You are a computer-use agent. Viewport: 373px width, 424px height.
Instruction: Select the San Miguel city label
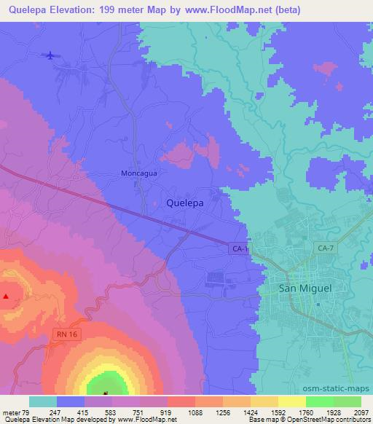pos(306,288)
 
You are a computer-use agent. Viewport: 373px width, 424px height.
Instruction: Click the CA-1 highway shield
pos(240,249)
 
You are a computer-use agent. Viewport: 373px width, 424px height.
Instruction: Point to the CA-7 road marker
pos(326,249)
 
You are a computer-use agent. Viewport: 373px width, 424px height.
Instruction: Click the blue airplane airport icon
pos(50,56)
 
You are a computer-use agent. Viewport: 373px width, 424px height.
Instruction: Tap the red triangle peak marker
pos(6,297)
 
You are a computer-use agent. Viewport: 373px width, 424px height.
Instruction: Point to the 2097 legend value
pos(361,412)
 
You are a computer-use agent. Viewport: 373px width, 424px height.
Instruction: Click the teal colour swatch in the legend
pos(43,401)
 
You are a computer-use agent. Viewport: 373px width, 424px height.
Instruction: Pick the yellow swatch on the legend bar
pos(292,401)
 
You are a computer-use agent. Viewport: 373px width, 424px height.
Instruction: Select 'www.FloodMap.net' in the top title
pos(225,10)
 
